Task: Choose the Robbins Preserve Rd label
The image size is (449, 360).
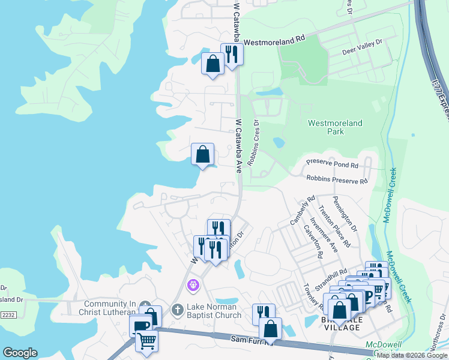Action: click(x=337, y=179)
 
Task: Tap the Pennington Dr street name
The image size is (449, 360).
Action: click(x=344, y=214)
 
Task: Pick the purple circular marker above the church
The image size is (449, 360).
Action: click(x=193, y=284)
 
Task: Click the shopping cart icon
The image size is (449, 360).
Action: click(x=146, y=341)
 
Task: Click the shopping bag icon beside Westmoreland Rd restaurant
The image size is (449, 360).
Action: click(x=212, y=63)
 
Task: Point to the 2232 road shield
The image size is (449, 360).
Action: click(x=8, y=314)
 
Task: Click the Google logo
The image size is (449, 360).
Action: click(x=20, y=353)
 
